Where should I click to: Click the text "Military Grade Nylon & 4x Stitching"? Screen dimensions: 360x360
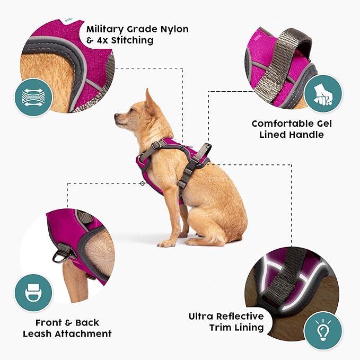[137, 34]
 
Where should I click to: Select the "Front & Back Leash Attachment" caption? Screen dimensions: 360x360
[67, 328]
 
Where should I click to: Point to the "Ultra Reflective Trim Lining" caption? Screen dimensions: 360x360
[226, 322]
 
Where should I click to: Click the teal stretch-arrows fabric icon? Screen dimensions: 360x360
[33, 99]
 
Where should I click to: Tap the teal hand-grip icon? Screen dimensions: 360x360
[322, 93]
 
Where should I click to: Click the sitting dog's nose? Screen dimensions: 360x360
[116, 117]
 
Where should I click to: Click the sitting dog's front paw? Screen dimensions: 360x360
[165, 243]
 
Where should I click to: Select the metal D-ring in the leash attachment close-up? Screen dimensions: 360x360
[59, 257]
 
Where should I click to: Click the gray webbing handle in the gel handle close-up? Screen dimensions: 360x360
[276, 64]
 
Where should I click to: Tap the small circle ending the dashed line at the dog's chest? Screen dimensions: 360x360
[143, 183]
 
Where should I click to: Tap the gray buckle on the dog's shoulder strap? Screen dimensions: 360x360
[157, 145]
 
